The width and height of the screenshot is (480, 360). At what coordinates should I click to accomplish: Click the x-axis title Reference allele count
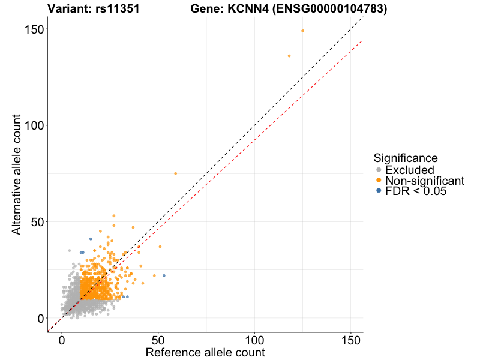coord(205,352)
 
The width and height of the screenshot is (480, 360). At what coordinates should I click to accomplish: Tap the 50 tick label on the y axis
coord(35,222)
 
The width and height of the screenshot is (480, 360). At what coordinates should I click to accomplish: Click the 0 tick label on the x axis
coord(62,340)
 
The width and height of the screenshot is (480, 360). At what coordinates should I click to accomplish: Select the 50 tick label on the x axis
coord(158,340)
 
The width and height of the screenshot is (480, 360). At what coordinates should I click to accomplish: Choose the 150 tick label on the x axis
coord(350,340)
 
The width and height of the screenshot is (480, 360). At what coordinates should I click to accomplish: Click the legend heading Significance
coord(405,158)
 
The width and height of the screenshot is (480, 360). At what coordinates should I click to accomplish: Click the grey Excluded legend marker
coord(378,170)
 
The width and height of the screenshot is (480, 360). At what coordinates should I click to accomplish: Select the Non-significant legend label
coord(425,181)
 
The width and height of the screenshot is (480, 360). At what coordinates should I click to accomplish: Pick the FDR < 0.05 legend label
coord(416,191)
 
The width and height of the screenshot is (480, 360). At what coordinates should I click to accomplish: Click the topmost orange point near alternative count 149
coord(302,31)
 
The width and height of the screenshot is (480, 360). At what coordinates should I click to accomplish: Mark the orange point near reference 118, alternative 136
coord(289,56)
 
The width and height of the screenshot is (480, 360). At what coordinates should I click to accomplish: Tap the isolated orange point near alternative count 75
coord(175,173)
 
